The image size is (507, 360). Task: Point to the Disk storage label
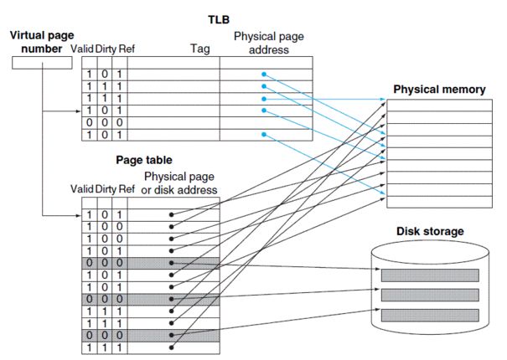coord(430,231)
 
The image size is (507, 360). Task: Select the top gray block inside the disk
coord(429,275)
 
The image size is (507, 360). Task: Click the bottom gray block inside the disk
coord(429,315)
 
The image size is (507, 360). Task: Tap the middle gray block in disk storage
coord(429,296)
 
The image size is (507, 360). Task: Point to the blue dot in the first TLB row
coord(263,75)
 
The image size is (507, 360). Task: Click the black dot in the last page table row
coord(171,347)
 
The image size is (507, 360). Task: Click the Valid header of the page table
coord(87,190)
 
